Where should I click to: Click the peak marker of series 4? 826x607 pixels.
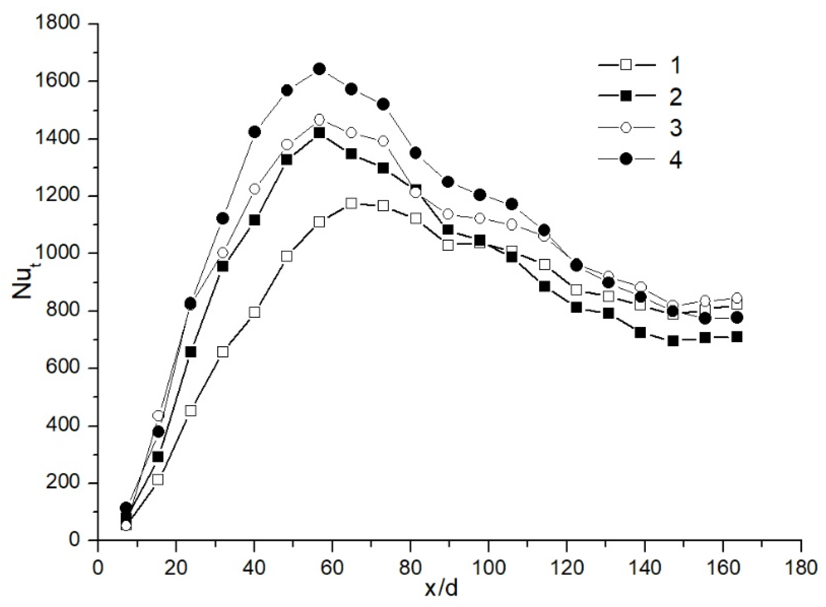[x=319, y=69]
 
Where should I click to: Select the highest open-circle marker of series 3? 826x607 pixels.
[x=319, y=120]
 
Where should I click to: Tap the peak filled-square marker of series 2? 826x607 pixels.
[x=319, y=133]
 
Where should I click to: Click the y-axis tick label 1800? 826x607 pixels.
[x=57, y=23]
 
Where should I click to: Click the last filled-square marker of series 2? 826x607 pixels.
[x=736, y=337]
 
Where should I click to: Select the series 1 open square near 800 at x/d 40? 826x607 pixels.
[x=254, y=312]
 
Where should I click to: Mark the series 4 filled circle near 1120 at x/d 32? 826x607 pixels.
[x=222, y=218]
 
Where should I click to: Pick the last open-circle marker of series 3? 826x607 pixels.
[x=736, y=297]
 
